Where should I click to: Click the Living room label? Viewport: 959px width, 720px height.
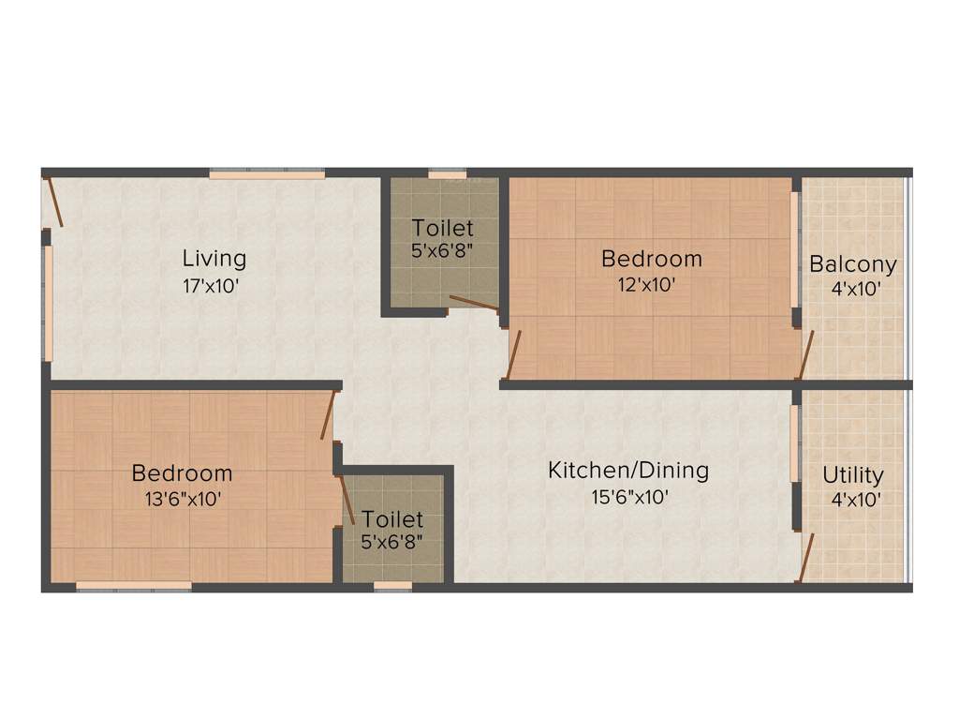(x=214, y=258)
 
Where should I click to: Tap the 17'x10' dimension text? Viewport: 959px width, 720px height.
(x=214, y=285)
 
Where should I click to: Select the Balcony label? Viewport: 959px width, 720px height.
(x=852, y=264)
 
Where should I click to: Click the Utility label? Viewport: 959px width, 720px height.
(x=852, y=475)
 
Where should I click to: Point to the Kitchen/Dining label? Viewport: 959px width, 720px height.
(x=628, y=470)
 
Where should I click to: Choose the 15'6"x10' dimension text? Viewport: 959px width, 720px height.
(x=628, y=497)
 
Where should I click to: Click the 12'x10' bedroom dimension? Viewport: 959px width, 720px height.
(x=651, y=285)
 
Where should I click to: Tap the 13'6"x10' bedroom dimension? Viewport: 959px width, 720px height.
(x=182, y=500)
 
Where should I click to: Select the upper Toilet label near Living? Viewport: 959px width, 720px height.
(x=443, y=228)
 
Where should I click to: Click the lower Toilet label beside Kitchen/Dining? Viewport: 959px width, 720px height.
(x=392, y=518)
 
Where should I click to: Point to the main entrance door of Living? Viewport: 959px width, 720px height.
(x=55, y=201)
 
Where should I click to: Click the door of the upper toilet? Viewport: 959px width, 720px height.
(x=473, y=302)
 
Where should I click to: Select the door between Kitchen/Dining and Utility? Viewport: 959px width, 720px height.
(x=805, y=558)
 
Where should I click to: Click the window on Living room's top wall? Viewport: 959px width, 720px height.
(x=267, y=173)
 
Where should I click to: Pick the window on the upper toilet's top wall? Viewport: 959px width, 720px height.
(x=447, y=173)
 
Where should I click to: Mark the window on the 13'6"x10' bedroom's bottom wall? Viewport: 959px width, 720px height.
(x=133, y=587)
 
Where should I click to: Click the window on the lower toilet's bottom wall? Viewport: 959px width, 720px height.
(x=392, y=587)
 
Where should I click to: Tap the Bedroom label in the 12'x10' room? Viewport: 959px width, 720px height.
(x=651, y=258)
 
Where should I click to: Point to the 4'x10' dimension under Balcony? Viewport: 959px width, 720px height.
(x=855, y=289)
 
